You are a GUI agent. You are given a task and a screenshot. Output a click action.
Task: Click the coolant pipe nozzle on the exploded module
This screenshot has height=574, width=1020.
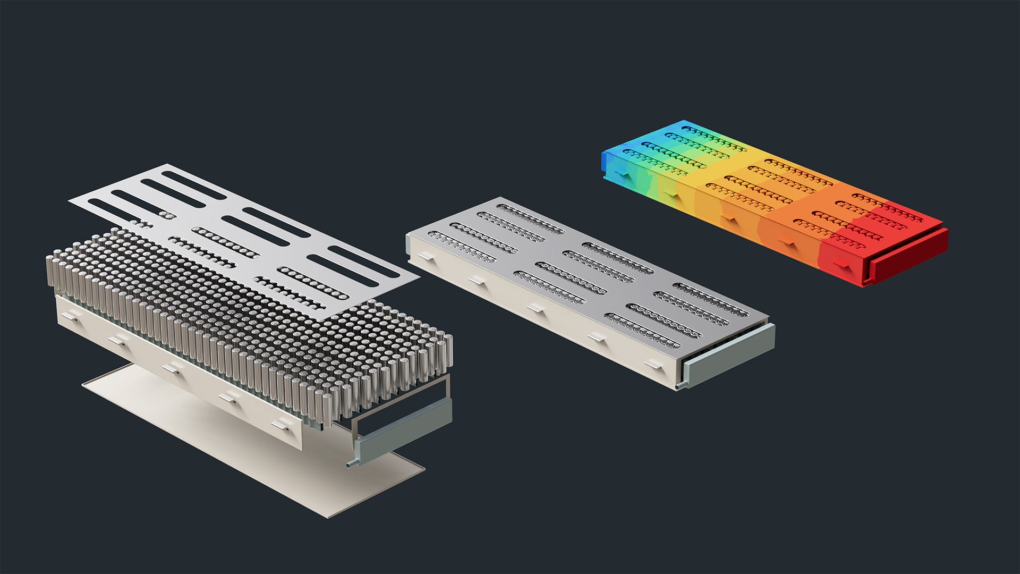349,464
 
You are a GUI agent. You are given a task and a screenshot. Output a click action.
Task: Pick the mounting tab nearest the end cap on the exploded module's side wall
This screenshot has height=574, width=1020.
281,425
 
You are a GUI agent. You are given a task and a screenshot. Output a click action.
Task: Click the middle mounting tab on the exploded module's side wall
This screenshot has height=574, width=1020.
172,369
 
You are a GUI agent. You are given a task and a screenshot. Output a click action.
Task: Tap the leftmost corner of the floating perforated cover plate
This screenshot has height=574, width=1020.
70,200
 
